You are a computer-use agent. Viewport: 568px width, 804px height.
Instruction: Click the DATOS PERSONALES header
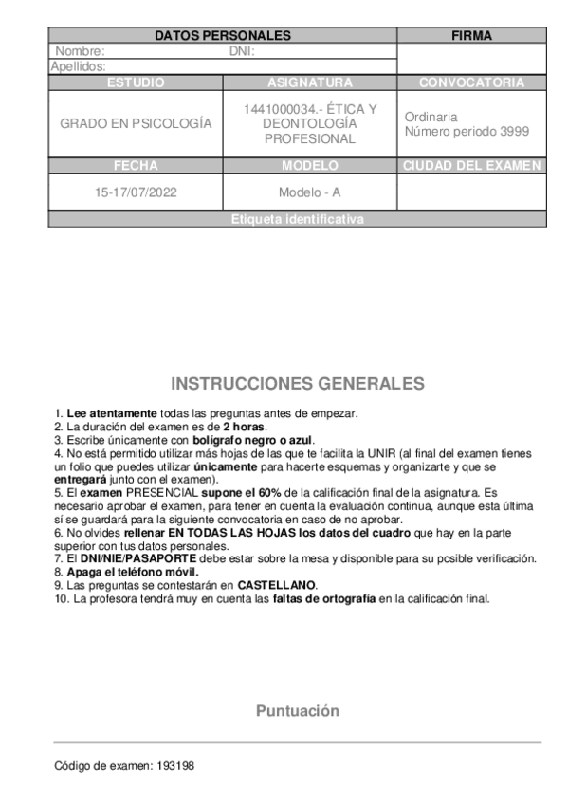tap(222, 35)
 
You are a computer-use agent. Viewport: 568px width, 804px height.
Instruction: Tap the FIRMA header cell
tap(471, 35)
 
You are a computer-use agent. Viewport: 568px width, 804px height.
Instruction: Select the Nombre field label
tap(80, 51)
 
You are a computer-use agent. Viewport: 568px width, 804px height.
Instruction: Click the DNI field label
tap(242, 51)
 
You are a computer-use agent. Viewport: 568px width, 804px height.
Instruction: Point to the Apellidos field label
tap(78, 66)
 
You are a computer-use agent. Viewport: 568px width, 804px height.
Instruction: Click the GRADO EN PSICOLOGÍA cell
tap(136, 124)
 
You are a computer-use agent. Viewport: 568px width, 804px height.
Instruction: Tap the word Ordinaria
tap(431, 117)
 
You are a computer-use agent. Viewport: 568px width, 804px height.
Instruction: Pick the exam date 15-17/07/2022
tap(136, 192)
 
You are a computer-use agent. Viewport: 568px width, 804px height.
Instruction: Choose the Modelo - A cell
tap(309, 192)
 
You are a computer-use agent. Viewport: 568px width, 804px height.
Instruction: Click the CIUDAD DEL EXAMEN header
tap(471, 165)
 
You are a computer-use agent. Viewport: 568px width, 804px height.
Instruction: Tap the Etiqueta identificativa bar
tap(297, 219)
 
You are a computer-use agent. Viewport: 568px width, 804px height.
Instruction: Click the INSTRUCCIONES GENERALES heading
tap(297, 384)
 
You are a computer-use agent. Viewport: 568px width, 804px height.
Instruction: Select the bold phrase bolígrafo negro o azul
tap(254, 440)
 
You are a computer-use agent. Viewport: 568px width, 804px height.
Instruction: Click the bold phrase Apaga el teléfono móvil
tap(133, 572)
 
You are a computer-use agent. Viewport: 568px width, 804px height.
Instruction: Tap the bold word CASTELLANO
tap(277, 585)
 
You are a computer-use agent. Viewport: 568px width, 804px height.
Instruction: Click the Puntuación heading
tap(297, 711)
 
